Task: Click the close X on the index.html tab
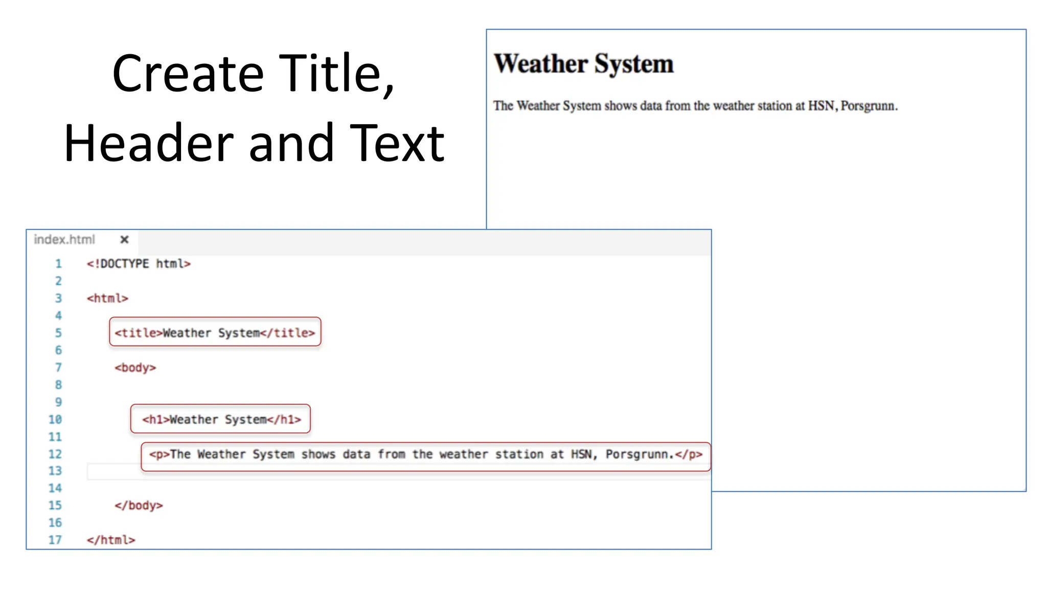tap(124, 239)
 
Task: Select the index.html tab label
tap(64, 239)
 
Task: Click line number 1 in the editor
tap(58, 264)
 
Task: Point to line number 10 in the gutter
tap(55, 420)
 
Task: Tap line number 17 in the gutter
tap(55, 540)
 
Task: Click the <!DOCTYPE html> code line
tap(139, 264)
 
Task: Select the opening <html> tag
tap(107, 298)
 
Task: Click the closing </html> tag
tap(111, 540)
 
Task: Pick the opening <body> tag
tap(135, 368)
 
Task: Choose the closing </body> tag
tap(139, 506)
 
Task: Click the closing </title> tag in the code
tap(288, 333)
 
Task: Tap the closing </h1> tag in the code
tap(284, 420)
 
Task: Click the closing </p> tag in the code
tap(689, 454)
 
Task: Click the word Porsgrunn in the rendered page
tap(868, 106)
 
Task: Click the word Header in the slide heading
tap(149, 144)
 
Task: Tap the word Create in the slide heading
tap(188, 74)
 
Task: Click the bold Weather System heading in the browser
tap(583, 64)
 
